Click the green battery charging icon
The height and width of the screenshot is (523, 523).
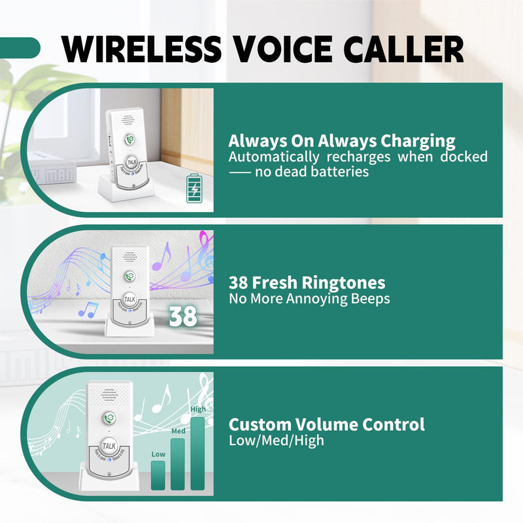click(x=194, y=188)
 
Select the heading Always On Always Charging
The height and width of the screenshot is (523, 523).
click(x=342, y=141)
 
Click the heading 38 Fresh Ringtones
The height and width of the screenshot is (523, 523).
click(x=307, y=283)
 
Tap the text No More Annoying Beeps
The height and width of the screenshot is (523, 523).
click(x=309, y=299)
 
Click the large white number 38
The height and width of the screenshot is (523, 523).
click(x=182, y=316)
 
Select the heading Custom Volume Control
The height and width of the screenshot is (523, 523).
click(x=326, y=424)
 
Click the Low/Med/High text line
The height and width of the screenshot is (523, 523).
click(x=276, y=440)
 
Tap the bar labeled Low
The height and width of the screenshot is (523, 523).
click(x=158, y=475)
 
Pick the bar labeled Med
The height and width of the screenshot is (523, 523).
click(x=177, y=464)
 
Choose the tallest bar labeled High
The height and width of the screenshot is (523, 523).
click(x=197, y=453)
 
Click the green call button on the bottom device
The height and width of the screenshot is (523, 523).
click(x=110, y=415)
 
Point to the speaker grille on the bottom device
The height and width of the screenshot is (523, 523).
click(x=110, y=394)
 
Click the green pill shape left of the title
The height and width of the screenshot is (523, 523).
click(x=20, y=47)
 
